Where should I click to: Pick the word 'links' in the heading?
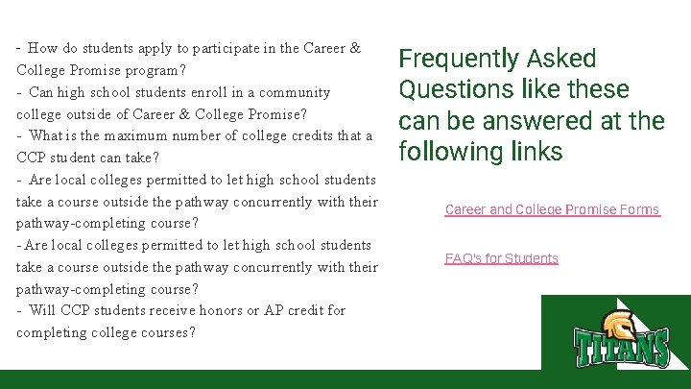(535, 152)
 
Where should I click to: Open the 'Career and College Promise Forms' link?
(552, 209)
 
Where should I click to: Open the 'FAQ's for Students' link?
(501, 258)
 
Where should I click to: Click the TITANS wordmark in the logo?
(621, 347)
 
